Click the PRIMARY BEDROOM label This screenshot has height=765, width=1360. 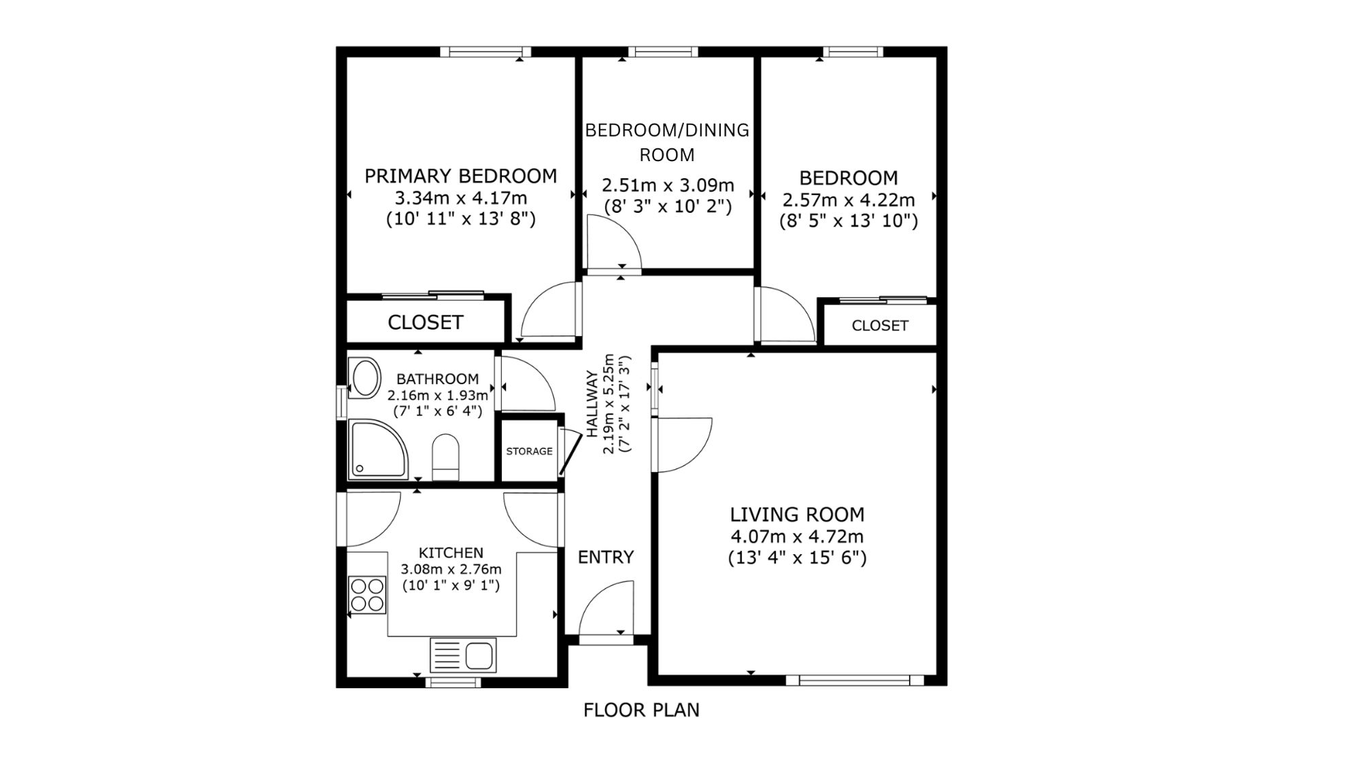[x=460, y=176]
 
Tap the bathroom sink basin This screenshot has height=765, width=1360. [x=365, y=378]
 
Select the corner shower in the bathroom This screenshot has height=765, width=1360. [x=378, y=449]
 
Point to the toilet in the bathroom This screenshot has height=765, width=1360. [x=445, y=457]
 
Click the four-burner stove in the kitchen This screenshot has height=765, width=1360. [x=367, y=594]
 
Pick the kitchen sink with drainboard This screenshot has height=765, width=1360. [x=462, y=656]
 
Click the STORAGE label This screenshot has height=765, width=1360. [x=529, y=452]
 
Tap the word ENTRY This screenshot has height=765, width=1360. [x=606, y=558]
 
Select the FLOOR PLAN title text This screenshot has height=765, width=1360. [x=641, y=711]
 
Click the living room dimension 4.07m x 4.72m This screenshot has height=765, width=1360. [x=797, y=537]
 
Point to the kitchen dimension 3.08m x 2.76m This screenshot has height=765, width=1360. [x=451, y=569]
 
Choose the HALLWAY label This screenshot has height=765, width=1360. [x=592, y=403]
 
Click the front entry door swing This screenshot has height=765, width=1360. [x=606, y=609]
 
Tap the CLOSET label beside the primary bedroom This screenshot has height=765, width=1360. [x=426, y=322]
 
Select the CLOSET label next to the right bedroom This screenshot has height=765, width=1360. [x=880, y=326]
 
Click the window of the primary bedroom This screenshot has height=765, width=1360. [x=485, y=51]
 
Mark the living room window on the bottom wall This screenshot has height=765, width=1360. [x=855, y=680]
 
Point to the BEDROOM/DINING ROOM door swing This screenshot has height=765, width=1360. [x=614, y=243]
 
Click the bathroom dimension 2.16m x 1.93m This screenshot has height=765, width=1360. [x=438, y=395]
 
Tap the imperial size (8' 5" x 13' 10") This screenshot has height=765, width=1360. [x=849, y=221]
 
